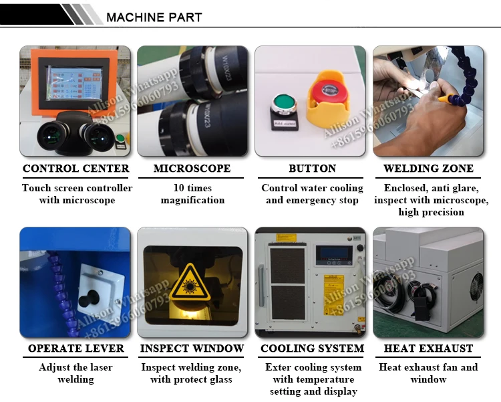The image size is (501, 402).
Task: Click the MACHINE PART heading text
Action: [154, 17]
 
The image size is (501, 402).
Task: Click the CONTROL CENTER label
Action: [75, 169]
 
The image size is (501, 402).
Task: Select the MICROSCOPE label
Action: [192, 169]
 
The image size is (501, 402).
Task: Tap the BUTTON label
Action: [312, 169]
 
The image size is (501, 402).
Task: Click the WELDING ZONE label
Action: [428, 169]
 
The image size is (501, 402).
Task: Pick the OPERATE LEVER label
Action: [75, 348]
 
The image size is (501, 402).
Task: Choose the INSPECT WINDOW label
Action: [192, 348]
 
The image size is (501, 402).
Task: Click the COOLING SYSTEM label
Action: [312, 348]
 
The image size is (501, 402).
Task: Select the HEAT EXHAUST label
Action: [428, 348]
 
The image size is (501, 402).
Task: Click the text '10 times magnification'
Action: [192, 194]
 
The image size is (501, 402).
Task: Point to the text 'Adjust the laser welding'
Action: [75, 373]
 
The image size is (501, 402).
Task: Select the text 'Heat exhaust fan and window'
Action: [428, 373]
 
